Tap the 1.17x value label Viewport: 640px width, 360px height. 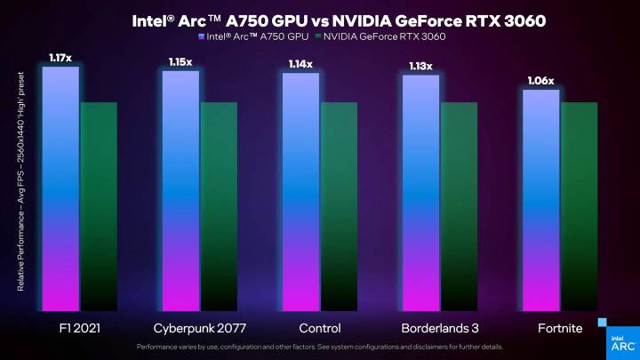point(60,59)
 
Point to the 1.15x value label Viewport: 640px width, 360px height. point(180,62)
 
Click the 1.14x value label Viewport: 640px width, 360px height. point(300,64)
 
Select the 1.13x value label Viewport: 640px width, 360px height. point(420,66)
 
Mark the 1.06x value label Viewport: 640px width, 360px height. point(540,81)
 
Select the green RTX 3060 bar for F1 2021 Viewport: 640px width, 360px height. point(99,204)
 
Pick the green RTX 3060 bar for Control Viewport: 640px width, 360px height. point(339,204)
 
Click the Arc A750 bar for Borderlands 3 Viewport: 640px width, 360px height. point(420,191)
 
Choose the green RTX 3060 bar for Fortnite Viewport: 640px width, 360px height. point(579,204)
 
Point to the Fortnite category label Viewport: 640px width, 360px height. point(559,328)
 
